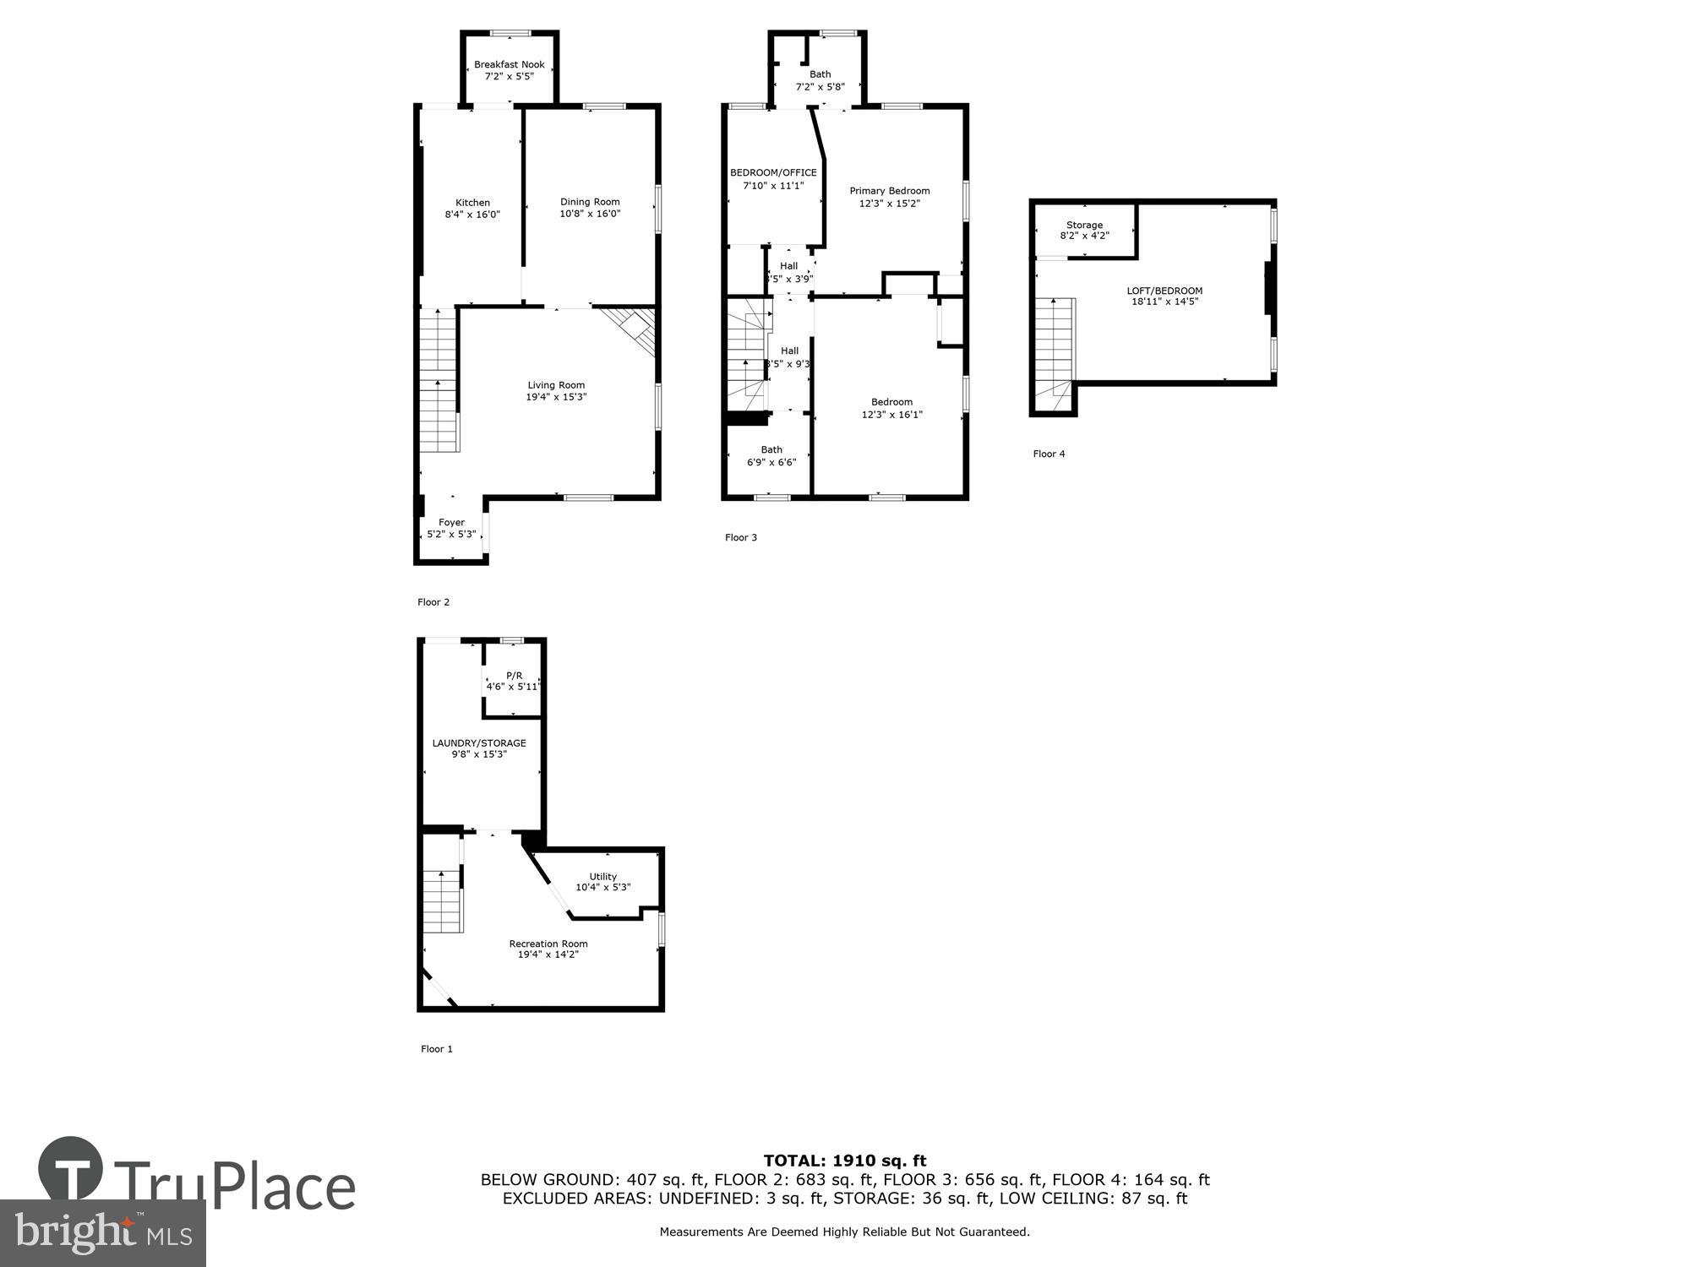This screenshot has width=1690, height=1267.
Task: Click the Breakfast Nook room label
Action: pyautogui.click(x=509, y=65)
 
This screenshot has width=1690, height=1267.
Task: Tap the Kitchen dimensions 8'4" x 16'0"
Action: pyautogui.click(x=472, y=215)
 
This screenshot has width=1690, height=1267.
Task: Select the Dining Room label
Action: pyautogui.click(x=590, y=202)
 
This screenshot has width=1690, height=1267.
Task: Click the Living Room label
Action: pyautogui.click(x=556, y=385)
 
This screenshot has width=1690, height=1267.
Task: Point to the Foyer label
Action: pyautogui.click(x=451, y=523)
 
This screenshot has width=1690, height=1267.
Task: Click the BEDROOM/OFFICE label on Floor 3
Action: pyautogui.click(x=773, y=173)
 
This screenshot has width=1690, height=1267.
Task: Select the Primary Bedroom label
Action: pyautogui.click(x=889, y=191)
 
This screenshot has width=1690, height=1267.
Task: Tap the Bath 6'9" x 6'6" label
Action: pyautogui.click(x=771, y=456)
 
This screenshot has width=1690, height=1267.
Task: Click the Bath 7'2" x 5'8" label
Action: pyautogui.click(x=820, y=80)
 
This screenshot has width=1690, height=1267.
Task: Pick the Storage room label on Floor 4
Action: pyautogui.click(x=1084, y=226)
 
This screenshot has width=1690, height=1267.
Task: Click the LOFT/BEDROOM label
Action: pyautogui.click(x=1164, y=291)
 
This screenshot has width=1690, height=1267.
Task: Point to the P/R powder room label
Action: pyautogui.click(x=514, y=676)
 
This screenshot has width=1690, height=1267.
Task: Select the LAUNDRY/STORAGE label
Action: pyautogui.click(x=479, y=743)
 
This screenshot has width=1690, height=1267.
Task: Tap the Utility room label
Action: pyautogui.click(x=602, y=877)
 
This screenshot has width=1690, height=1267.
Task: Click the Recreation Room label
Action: pyautogui.click(x=548, y=943)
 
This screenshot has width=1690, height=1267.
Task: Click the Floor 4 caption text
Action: pyautogui.click(x=1049, y=454)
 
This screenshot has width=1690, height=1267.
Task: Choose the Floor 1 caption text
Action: pyautogui.click(x=437, y=1049)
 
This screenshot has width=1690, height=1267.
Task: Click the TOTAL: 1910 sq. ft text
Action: pyautogui.click(x=845, y=1161)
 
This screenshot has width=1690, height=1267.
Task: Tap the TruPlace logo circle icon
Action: pyautogui.click(x=71, y=1169)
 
